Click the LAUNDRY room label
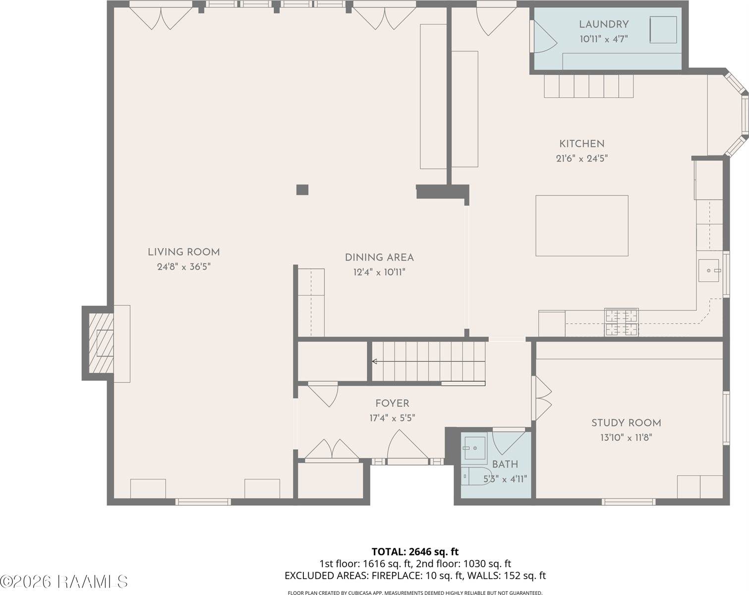coord(604,24)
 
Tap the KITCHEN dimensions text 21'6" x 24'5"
coord(581,159)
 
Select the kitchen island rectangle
coord(581,226)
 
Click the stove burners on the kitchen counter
coord(621,322)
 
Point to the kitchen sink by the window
coord(709,270)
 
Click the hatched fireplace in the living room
coord(101,343)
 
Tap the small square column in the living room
coord(302,189)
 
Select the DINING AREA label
coord(379,258)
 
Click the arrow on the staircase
coord(375,361)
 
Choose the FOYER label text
coord(392,404)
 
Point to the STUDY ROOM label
coord(626,423)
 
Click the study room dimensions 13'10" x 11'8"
coord(626,438)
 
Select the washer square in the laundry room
coord(663,30)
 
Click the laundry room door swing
coord(541,37)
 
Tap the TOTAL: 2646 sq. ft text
coord(415,551)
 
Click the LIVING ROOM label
coord(183,252)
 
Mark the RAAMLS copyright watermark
coord(64,581)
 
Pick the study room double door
coord(542,399)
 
